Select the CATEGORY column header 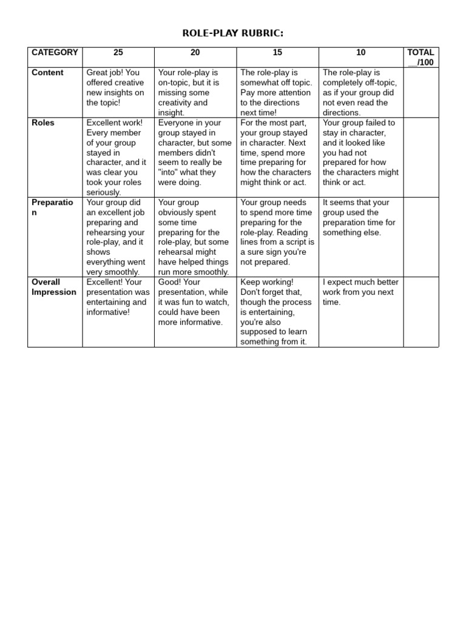[55, 53]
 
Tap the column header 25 [118, 53]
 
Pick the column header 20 [195, 53]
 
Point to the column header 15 [277, 53]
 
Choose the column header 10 [361, 53]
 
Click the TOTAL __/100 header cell [420, 58]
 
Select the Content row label [47, 73]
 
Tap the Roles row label [43, 123]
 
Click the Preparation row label [52, 207]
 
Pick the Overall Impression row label [54, 287]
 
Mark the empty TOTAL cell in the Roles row [420, 157]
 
